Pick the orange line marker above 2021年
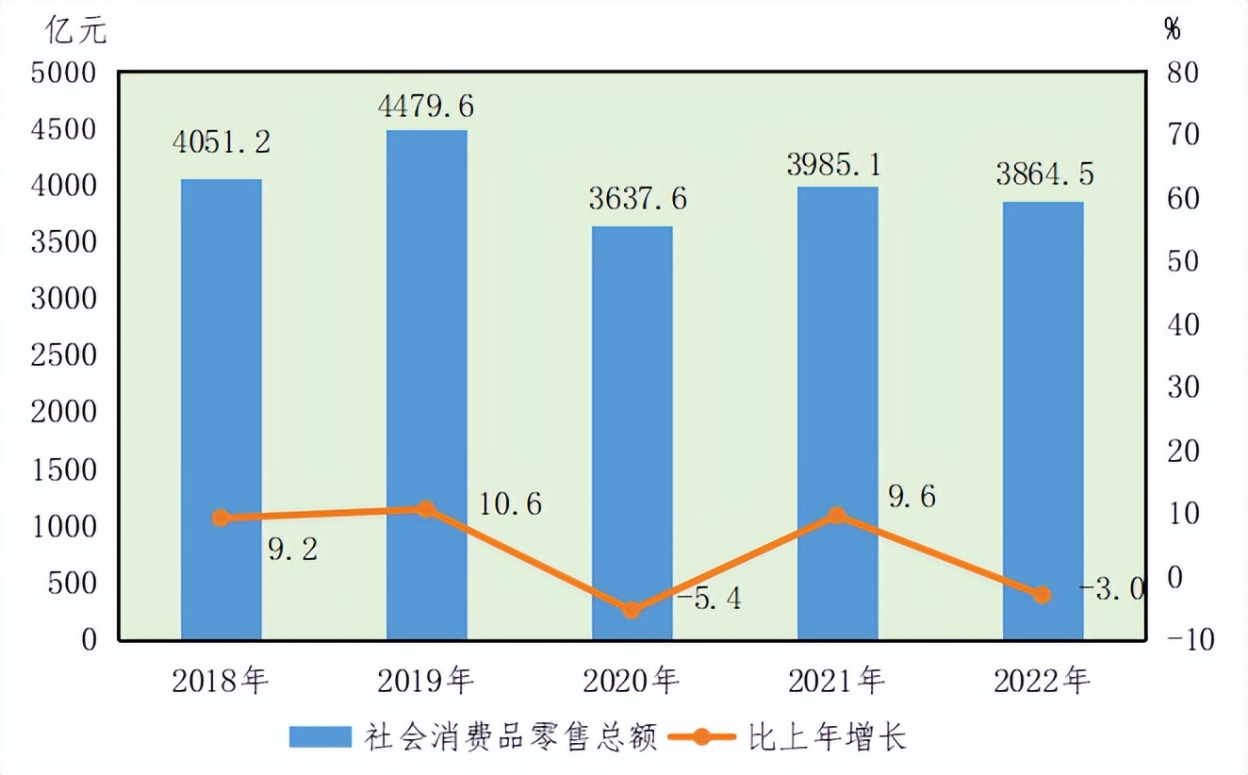[836, 516]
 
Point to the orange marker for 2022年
[1043, 595]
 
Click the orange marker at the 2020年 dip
[632, 610]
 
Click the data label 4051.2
[222, 141]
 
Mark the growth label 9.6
[911, 497]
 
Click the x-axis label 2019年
[426, 680]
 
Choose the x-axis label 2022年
[1043, 680]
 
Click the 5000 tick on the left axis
[63, 74]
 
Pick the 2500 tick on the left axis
[63, 356]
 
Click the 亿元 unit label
[76, 30]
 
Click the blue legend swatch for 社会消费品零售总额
[320, 736]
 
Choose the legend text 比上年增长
[828, 736]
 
